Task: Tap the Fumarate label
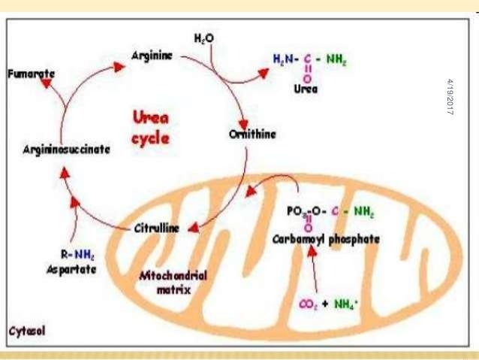(x=31, y=75)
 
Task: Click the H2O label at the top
(x=204, y=38)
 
